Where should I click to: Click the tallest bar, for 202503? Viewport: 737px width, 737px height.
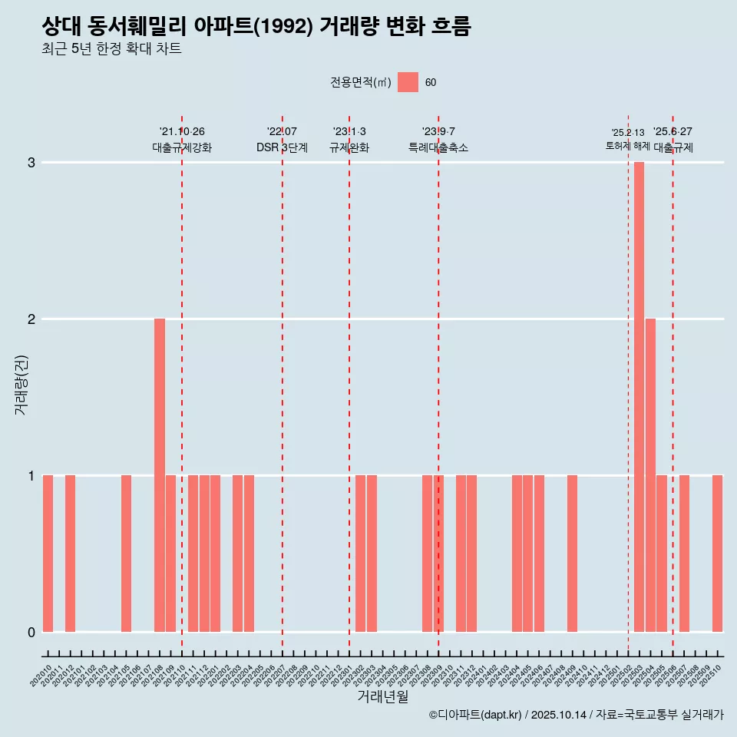[x=639, y=397]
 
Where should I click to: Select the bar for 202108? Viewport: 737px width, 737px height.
[x=160, y=475]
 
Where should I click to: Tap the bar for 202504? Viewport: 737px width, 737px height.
[x=650, y=475]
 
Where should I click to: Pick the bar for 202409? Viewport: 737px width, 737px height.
[x=572, y=554]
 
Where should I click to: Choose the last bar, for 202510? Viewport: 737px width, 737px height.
[x=717, y=554]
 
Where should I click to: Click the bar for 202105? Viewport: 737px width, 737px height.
[x=126, y=554]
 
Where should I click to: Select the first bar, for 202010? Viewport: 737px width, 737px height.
[x=48, y=554]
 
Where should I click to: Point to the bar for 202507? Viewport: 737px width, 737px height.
[x=684, y=554]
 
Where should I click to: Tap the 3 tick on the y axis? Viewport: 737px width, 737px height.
[x=31, y=163]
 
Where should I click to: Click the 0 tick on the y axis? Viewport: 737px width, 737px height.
[x=31, y=632]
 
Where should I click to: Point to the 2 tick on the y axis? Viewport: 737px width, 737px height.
[x=31, y=319]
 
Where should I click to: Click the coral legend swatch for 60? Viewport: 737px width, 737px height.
[x=408, y=82]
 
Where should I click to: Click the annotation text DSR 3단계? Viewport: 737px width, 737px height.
[x=282, y=147]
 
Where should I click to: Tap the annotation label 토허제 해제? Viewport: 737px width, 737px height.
[x=627, y=146]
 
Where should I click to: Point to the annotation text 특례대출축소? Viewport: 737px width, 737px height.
[x=438, y=147]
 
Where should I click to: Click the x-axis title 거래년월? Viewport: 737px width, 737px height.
[x=382, y=696]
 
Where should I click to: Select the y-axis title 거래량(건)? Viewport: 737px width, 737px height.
[x=21, y=384]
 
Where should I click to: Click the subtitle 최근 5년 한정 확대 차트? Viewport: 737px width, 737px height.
[x=111, y=49]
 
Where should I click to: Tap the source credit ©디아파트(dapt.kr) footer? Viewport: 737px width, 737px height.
[x=576, y=715]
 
